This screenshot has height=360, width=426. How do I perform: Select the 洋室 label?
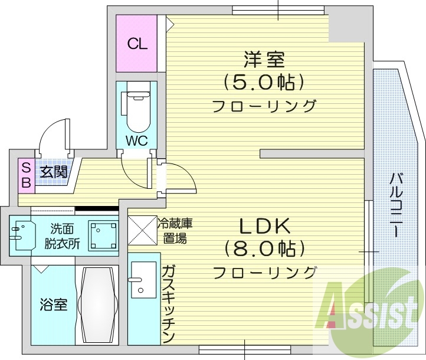pos(264,60)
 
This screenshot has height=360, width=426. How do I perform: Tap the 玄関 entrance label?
pos(54,172)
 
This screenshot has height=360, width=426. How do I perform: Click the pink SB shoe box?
pos(26,175)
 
